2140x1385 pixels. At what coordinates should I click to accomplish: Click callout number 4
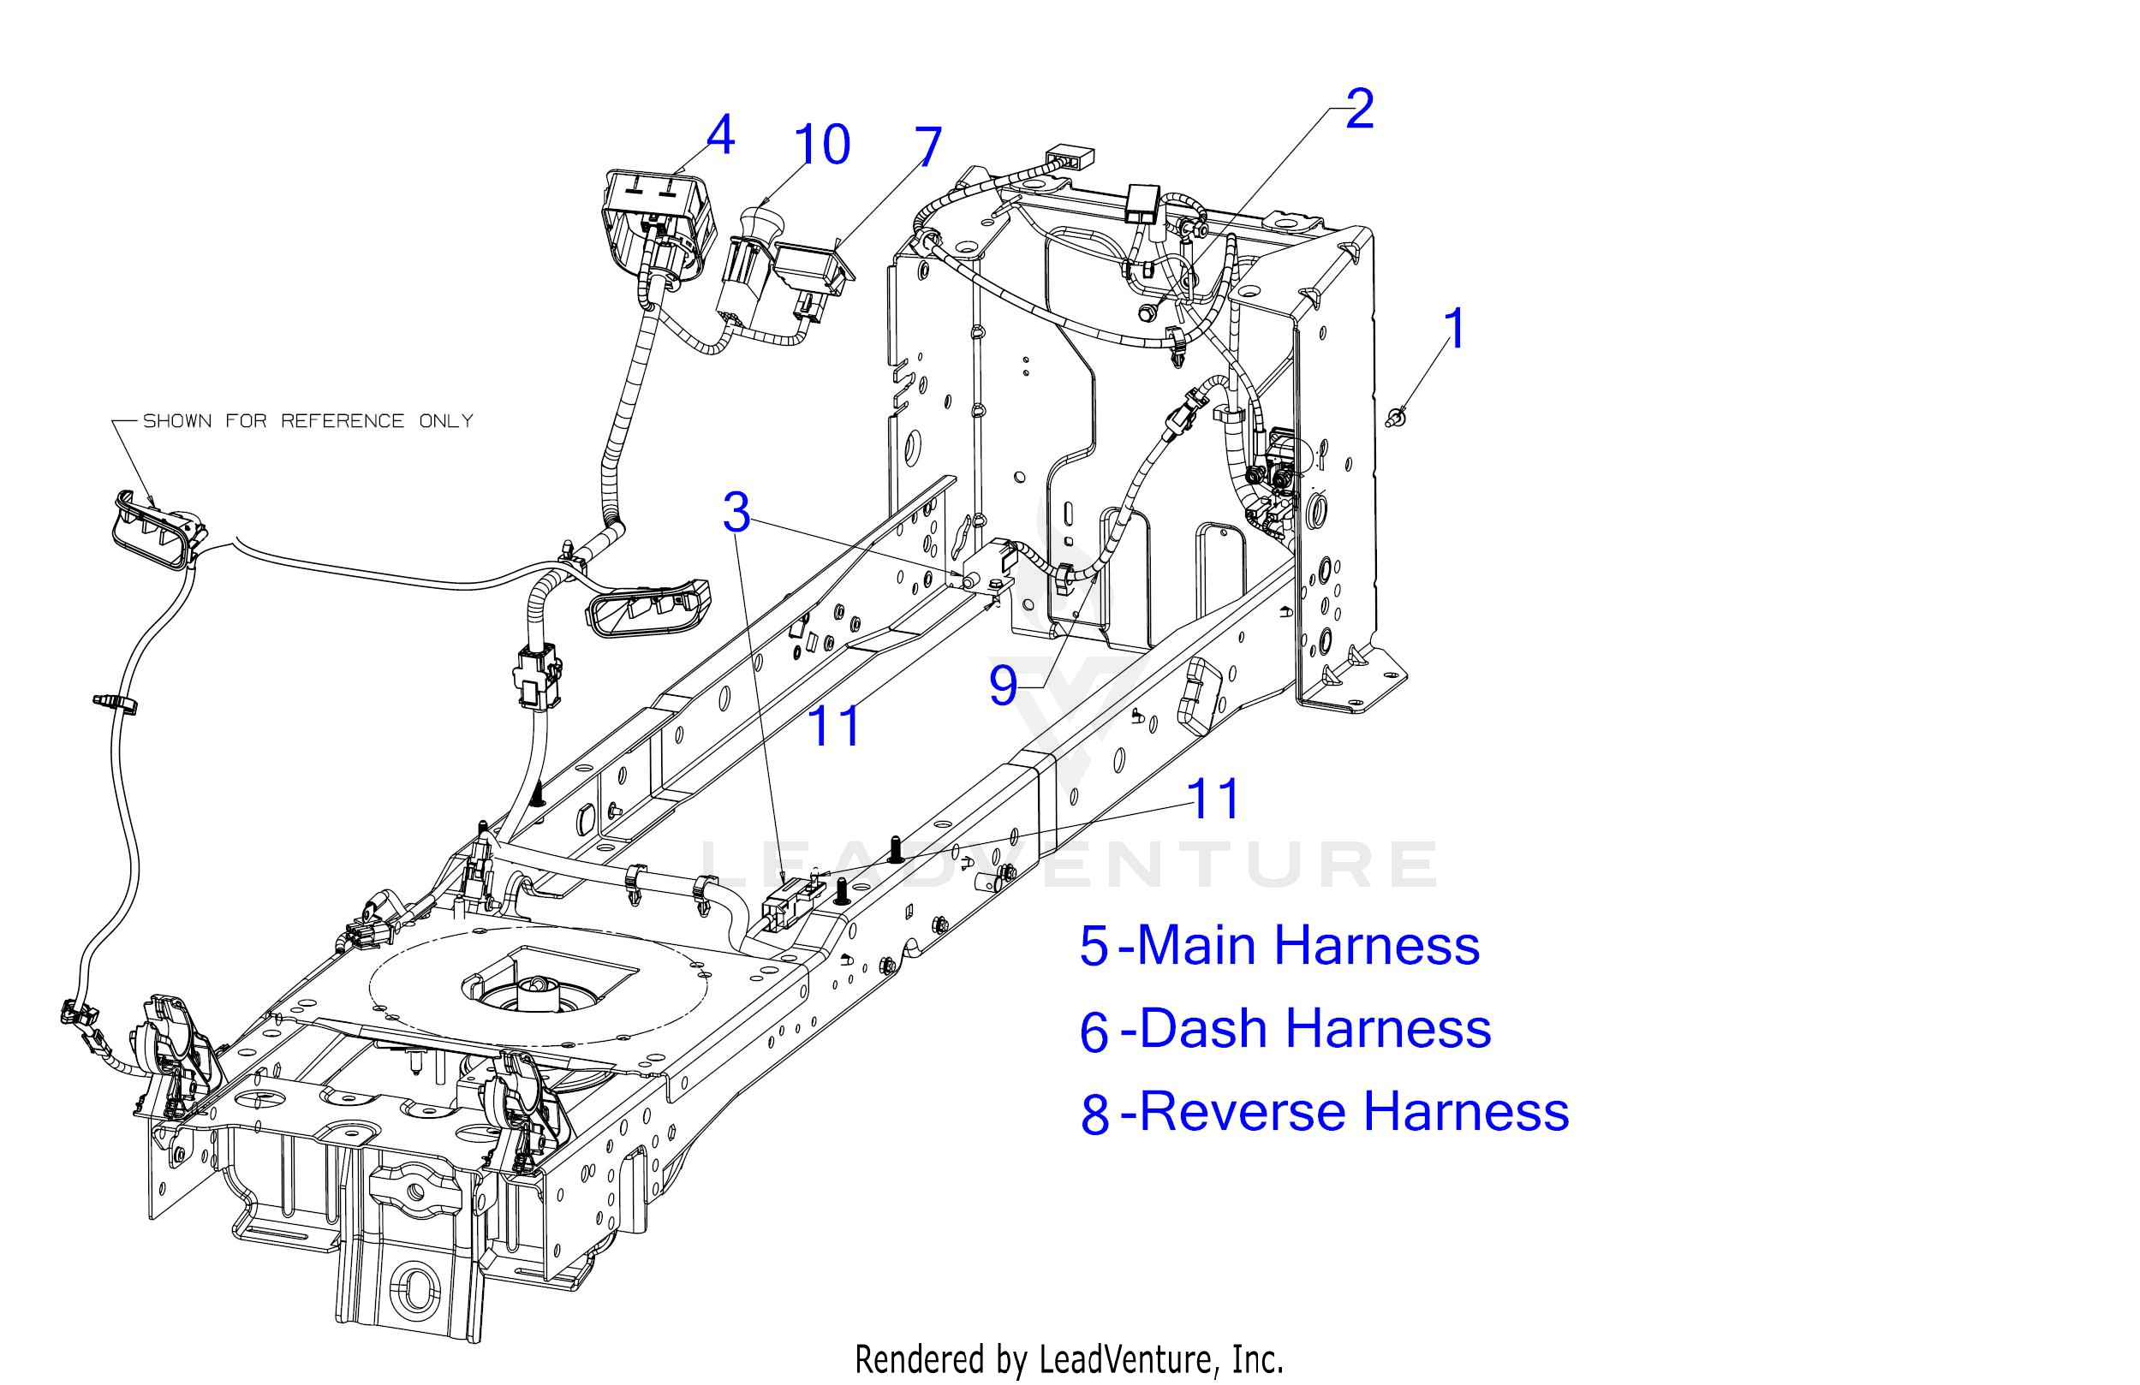[x=720, y=137]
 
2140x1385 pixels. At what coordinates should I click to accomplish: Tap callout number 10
[x=821, y=145]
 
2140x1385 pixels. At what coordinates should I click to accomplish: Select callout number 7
[x=928, y=146]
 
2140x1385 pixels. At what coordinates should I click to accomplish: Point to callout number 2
[x=1360, y=109]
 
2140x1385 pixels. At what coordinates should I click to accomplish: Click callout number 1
[x=1454, y=329]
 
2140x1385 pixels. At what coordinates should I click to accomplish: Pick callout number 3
[x=736, y=514]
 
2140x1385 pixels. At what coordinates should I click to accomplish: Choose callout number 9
[x=1004, y=686]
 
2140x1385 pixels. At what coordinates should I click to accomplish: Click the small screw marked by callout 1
[x=1396, y=416]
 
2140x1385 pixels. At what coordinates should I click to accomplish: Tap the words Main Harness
[x=1308, y=946]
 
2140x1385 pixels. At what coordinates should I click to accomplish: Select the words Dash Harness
[x=1315, y=1028]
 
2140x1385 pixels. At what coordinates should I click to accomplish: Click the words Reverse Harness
[x=1354, y=1111]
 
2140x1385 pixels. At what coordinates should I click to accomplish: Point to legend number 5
[x=1094, y=948]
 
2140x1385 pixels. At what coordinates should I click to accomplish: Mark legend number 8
[x=1095, y=1114]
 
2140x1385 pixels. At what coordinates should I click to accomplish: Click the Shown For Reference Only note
[x=307, y=420]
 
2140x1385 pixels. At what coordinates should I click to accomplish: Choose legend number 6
[x=1094, y=1031]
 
